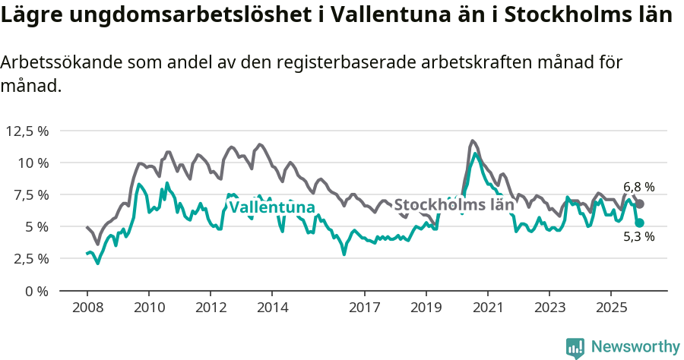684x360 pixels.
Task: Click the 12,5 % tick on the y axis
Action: pyautogui.click(x=27, y=131)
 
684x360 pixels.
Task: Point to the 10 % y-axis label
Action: pyautogui.click(x=33, y=163)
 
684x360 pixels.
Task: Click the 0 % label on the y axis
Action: pyautogui.click(x=37, y=291)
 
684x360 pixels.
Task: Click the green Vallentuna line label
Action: pyautogui.click(x=271, y=207)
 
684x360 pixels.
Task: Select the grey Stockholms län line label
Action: pyautogui.click(x=454, y=204)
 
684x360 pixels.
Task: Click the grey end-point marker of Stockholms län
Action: pyautogui.click(x=640, y=204)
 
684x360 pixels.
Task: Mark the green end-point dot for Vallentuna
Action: pyautogui.click(x=640, y=223)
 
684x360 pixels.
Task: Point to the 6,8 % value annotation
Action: pyautogui.click(x=638, y=187)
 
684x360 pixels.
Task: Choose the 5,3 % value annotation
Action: pyautogui.click(x=638, y=237)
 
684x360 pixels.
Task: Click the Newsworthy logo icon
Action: pyautogui.click(x=575, y=347)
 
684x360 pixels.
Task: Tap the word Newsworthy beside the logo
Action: pyautogui.click(x=635, y=347)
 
